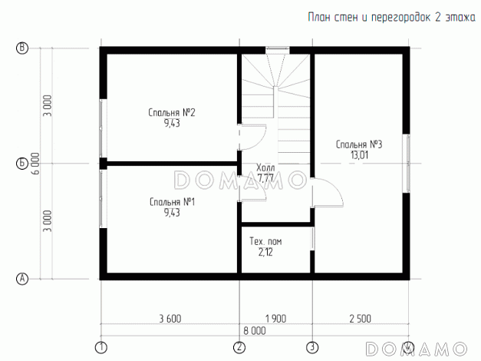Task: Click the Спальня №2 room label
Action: click(172, 112)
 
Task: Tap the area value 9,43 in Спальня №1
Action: click(172, 213)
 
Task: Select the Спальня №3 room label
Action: click(359, 144)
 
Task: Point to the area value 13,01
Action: click(359, 155)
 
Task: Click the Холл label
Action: click(265, 167)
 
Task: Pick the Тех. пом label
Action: click(265, 241)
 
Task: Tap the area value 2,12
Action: click(265, 252)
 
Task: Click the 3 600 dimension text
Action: click(170, 319)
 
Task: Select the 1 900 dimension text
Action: click(275, 319)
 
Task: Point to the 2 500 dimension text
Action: click(360, 319)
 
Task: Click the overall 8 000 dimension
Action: click(255, 331)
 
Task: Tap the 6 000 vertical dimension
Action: click(35, 164)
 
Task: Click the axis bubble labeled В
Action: click(21, 48)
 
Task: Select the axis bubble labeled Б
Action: click(21, 164)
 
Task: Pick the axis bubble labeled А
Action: click(21, 279)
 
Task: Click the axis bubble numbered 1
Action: click(101, 348)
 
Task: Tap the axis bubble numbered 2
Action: click(239, 348)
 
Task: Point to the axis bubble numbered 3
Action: click(312, 348)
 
